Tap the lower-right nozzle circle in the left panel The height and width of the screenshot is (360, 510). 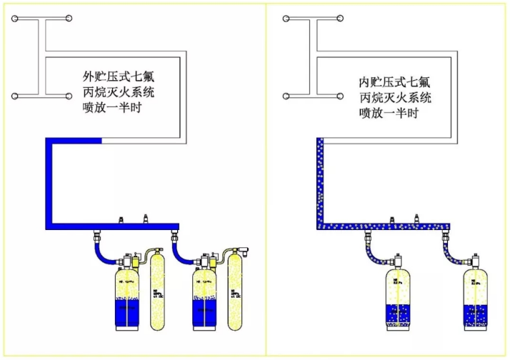click(69, 96)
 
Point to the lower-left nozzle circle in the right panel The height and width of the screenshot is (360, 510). click(286, 96)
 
